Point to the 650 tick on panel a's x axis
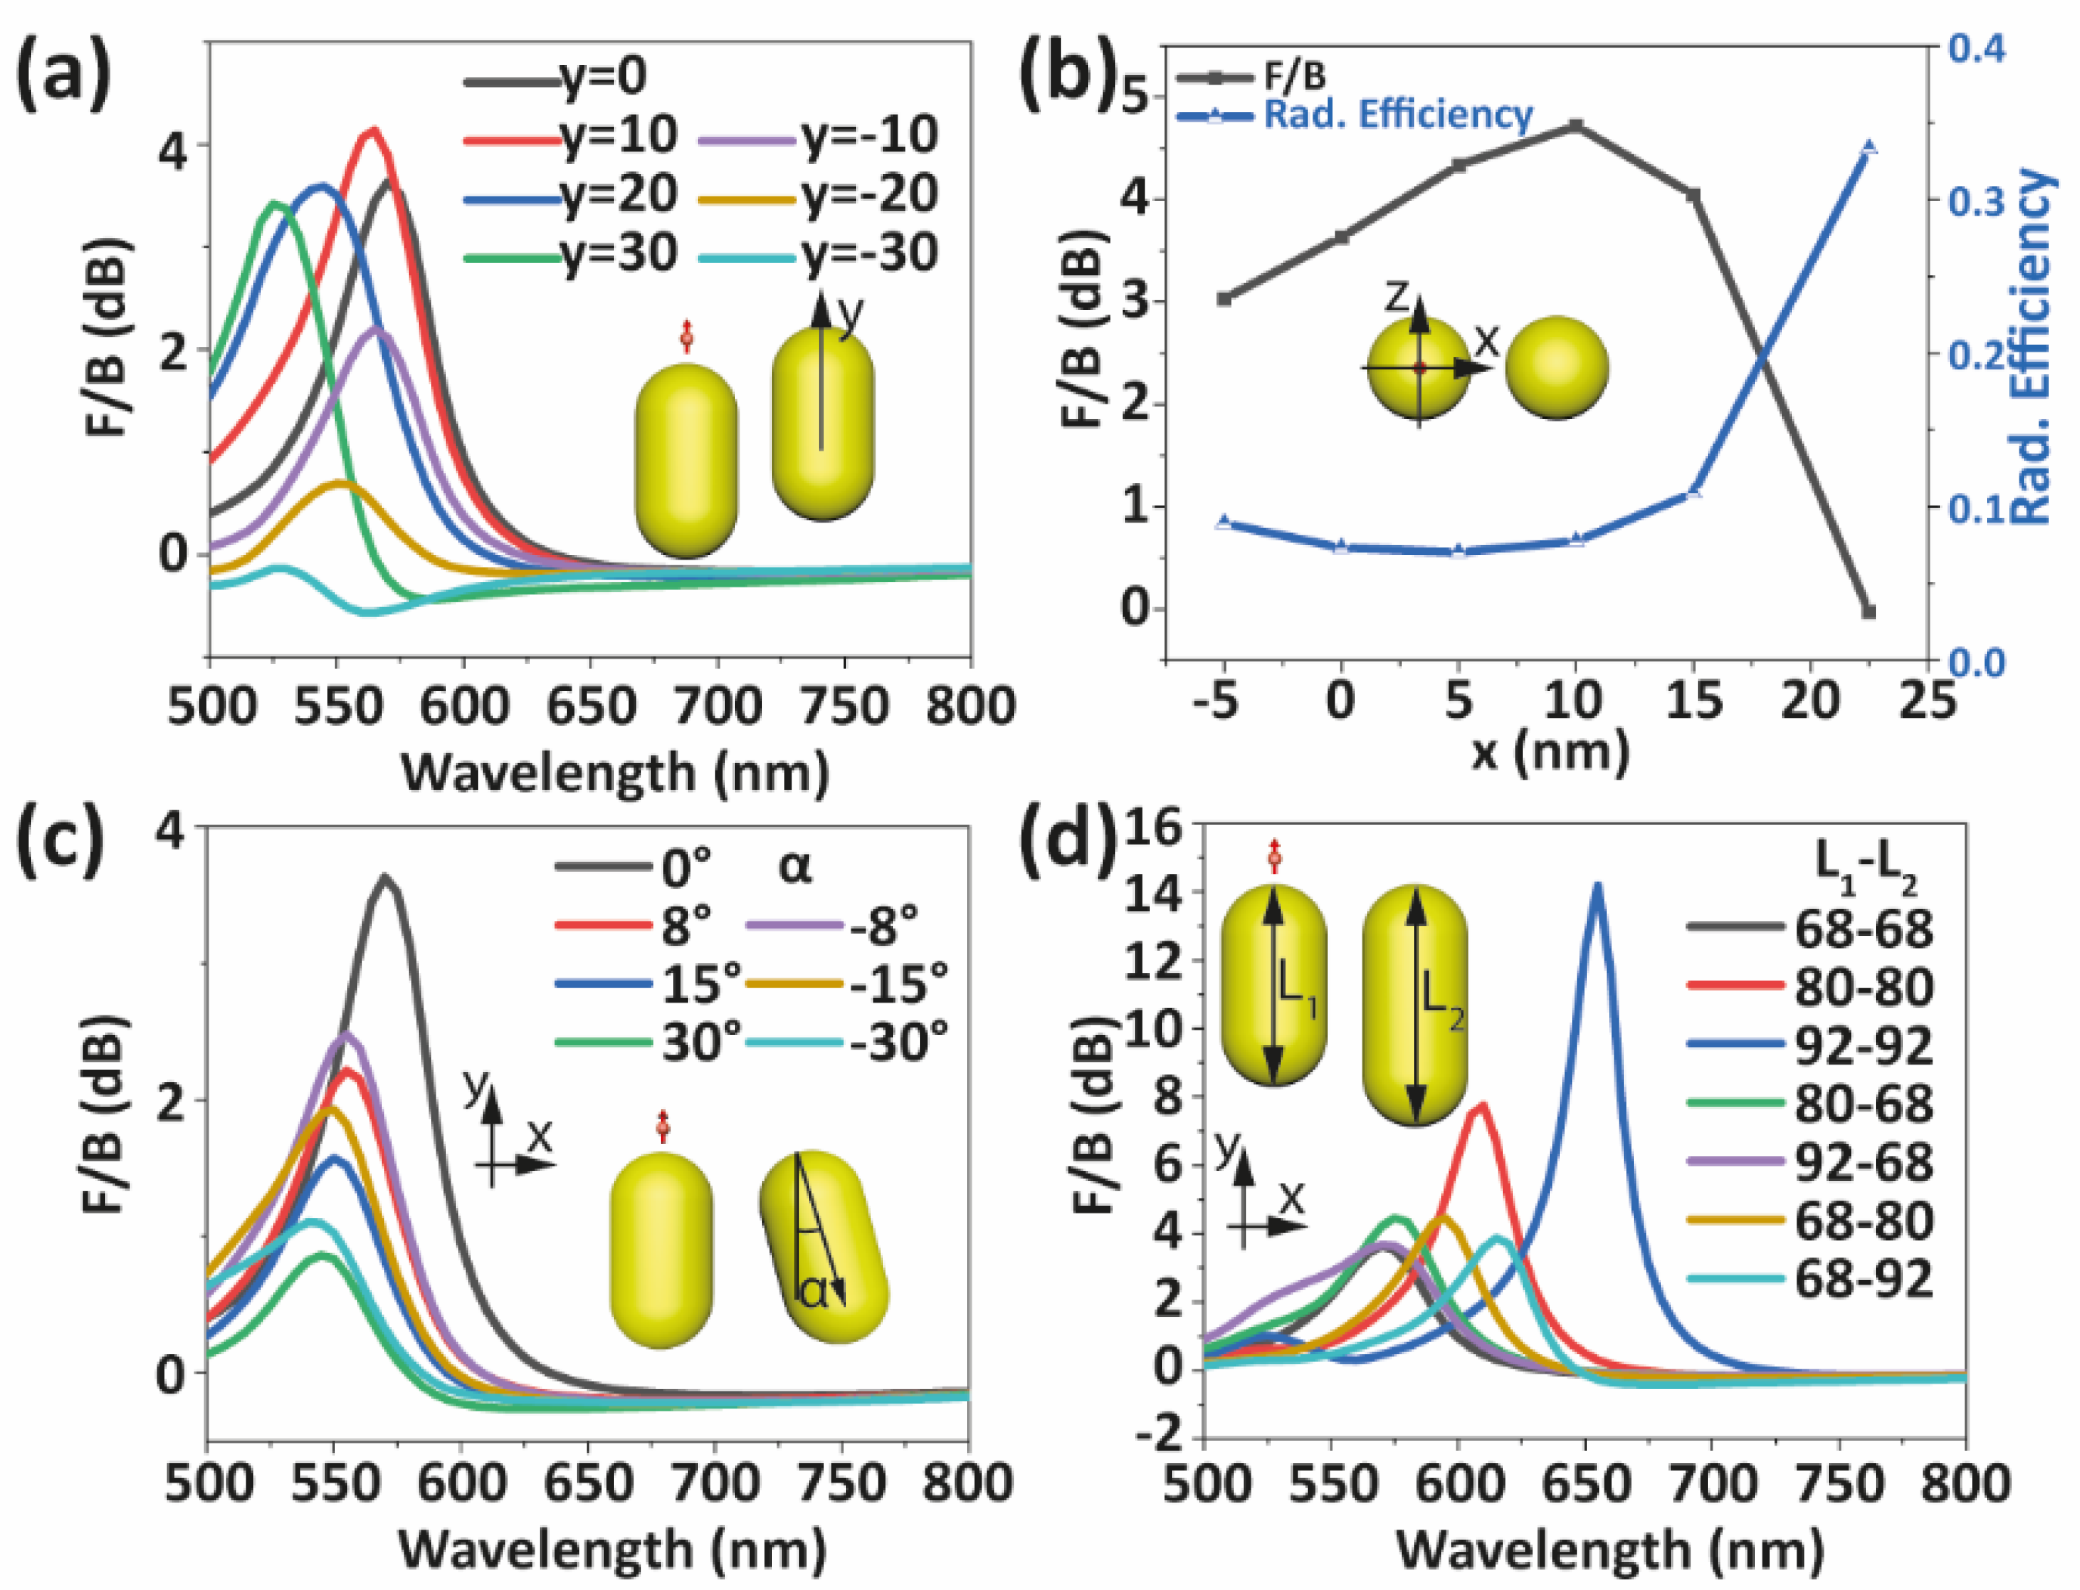[x=591, y=706]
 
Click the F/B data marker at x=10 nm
[x=1576, y=125]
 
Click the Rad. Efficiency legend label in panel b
[x=1398, y=114]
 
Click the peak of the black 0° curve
[x=384, y=877]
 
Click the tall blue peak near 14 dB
[x=1598, y=887]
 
